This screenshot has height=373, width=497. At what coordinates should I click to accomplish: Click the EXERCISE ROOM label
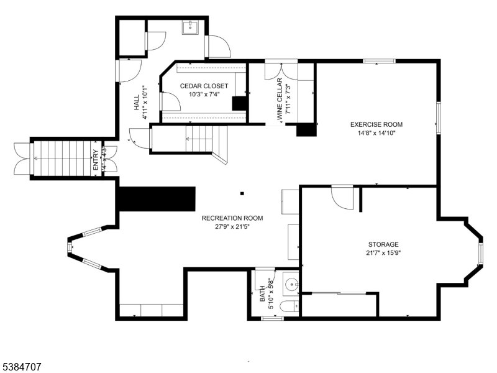(376, 124)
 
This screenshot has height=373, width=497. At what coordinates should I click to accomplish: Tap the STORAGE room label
(383, 244)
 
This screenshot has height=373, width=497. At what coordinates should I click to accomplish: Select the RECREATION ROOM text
(232, 218)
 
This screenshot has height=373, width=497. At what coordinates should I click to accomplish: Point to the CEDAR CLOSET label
(204, 86)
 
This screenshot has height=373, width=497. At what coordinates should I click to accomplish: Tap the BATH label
(262, 295)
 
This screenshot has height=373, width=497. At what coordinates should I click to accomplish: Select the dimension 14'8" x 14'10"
(376, 132)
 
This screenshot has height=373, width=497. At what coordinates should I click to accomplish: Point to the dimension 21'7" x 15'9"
(383, 252)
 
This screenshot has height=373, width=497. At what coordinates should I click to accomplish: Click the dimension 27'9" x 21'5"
(232, 226)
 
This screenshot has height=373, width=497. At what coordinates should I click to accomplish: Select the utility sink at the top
(190, 27)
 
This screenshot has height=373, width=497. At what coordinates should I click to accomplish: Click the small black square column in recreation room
(242, 193)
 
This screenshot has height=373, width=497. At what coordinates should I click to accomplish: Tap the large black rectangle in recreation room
(157, 198)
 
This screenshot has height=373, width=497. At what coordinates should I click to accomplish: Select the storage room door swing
(342, 198)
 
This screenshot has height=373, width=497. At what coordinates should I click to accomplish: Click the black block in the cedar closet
(239, 103)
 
